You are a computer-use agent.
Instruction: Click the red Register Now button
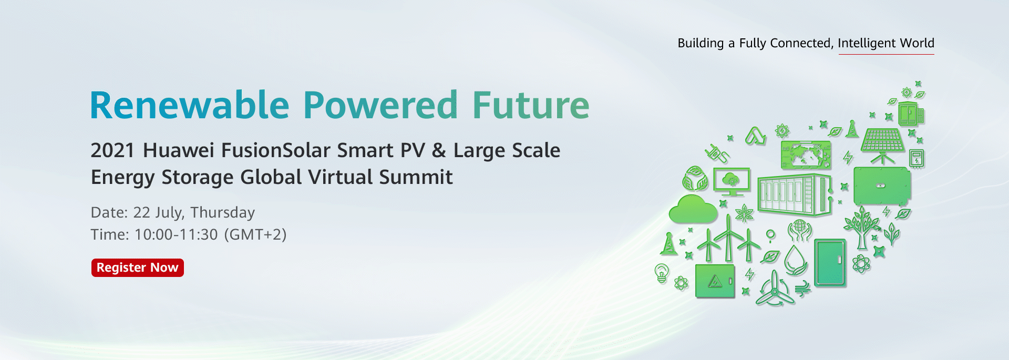pos(138,268)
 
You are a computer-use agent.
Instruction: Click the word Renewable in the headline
pos(190,105)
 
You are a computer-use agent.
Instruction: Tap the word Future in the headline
pos(531,105)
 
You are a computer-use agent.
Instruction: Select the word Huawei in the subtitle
pos(179,150)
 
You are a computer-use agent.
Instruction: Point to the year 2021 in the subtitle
pos(113,150)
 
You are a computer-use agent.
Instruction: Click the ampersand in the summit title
pos(439,150)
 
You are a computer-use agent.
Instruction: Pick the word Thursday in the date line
pos(223,212)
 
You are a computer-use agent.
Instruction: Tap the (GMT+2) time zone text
pos(255,234)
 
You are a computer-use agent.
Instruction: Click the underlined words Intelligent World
pos(886,43)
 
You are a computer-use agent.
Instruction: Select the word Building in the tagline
pos(701,43)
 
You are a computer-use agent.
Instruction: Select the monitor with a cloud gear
pos(732,181)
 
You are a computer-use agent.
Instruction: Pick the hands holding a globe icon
pos(799,230)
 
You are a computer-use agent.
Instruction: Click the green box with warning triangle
pos(715,281)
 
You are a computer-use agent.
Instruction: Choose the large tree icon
pos(862,227)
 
